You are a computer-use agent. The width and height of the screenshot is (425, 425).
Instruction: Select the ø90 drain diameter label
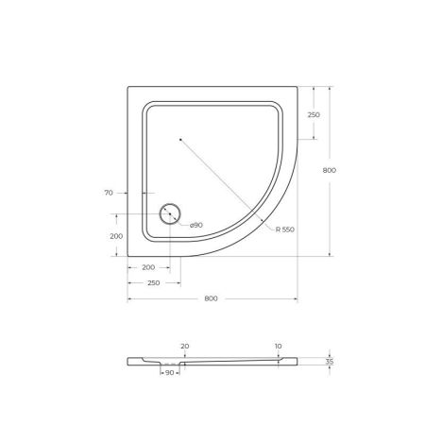coord(196,225)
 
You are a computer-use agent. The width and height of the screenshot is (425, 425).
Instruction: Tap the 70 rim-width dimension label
coord(110,193)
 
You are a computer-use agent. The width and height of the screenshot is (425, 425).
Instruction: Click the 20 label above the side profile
coord(184,347)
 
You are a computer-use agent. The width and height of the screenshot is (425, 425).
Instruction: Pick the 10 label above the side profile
coord(279,347)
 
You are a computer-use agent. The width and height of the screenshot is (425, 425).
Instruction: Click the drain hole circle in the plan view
coord(171,214)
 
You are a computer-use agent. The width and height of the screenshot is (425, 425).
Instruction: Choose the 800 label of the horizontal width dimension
coord(212,298)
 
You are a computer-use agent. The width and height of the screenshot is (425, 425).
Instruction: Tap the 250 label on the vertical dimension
coord(313,114)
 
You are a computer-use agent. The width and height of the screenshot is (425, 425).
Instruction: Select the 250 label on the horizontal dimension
coord(154,283)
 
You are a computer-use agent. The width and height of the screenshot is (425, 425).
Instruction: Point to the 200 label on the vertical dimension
coord(116,235)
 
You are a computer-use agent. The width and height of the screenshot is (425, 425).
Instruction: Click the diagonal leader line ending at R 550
coord(227,184)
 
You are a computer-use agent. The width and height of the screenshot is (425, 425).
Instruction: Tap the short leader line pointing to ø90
coord(183,222)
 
